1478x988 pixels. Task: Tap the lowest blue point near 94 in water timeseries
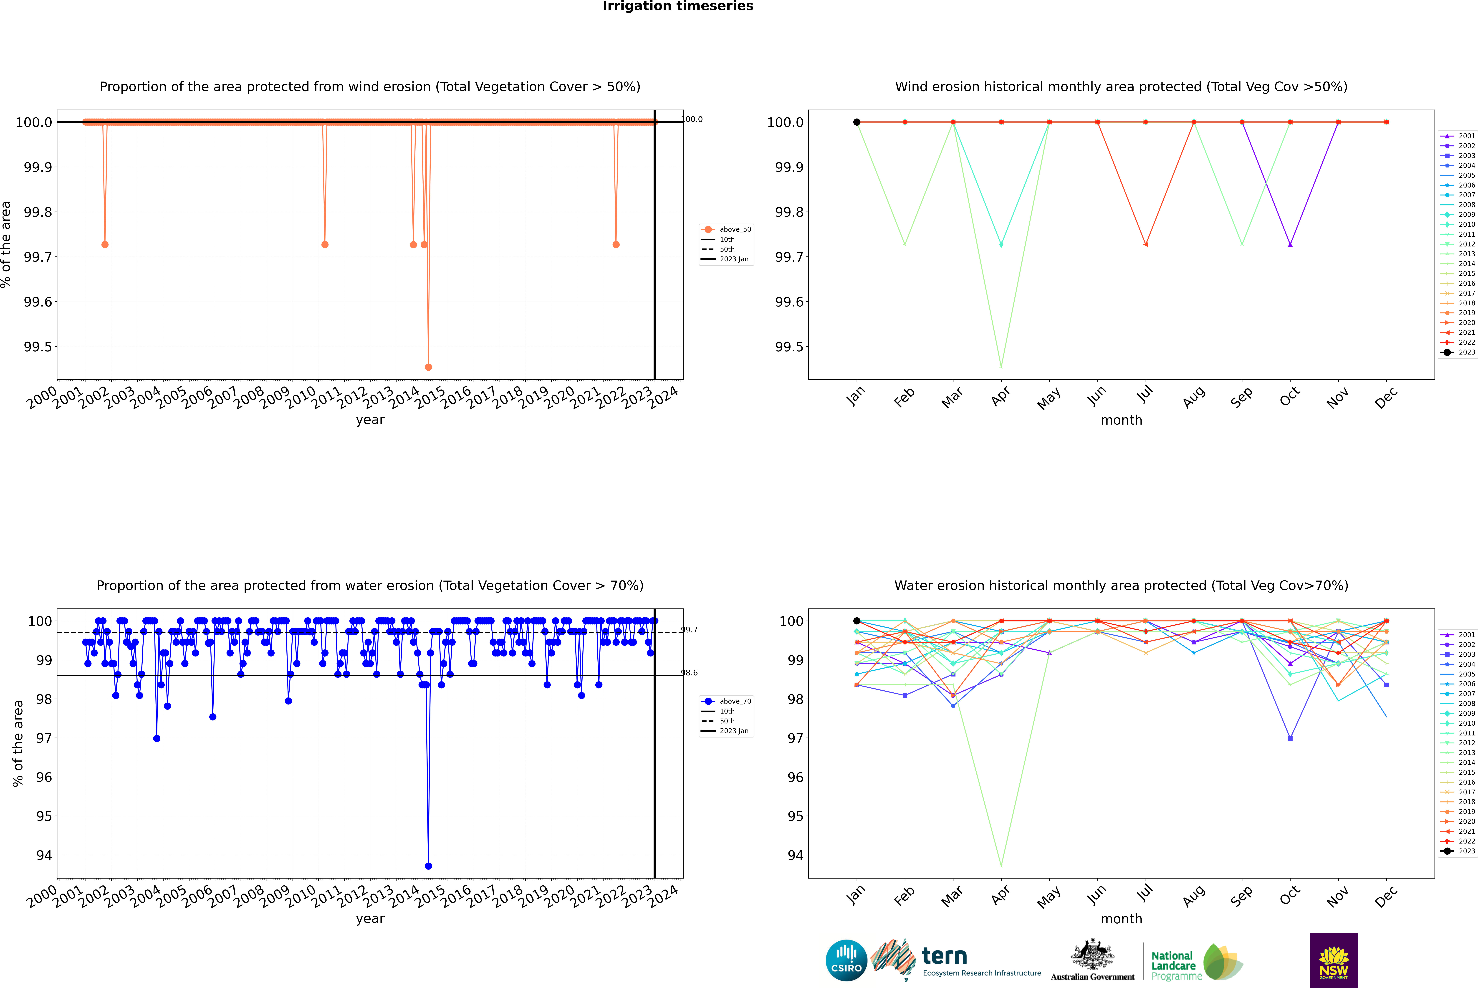[x=428, y=866]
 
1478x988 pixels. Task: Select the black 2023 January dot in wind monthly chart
[x=857, y=122]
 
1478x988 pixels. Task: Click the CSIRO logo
[x=846, y=960]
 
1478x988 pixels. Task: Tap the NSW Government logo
[x=1334, y=960]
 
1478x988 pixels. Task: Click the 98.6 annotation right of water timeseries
[x=689, y=673]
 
